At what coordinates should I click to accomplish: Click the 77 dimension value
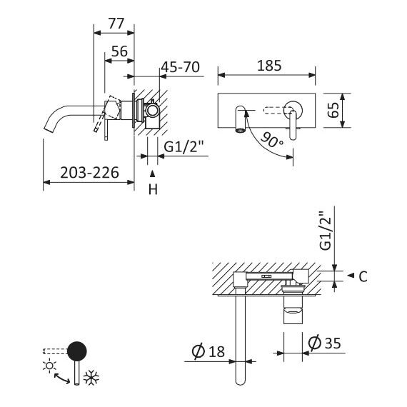coord(116,24)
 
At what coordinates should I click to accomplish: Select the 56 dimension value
coord(120,51)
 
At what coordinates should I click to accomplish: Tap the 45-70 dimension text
coord(181,67)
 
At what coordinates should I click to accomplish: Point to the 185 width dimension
coord(269,66)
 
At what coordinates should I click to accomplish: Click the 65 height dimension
coord(333,110)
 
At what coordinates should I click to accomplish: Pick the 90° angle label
coord(272,140)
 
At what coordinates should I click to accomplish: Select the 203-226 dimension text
coord(89,172)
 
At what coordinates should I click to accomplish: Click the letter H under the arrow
coord(153,189)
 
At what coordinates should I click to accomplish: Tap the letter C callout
coord(363,277)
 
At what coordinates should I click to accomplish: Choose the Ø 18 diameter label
coord(208,351)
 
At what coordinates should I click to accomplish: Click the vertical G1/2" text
coord(326,231)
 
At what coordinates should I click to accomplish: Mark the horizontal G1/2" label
coord(184,147)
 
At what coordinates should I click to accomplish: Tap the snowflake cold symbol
coord(91,377)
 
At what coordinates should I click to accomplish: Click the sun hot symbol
coord(49,366)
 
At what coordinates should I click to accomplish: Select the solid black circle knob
coord(77,351)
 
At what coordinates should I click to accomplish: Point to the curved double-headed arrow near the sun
coord(62,378)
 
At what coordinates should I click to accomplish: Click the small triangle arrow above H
coord(153,174)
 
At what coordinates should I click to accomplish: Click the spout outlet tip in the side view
coord(49,128)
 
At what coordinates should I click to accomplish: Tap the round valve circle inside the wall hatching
coord(152,110)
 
